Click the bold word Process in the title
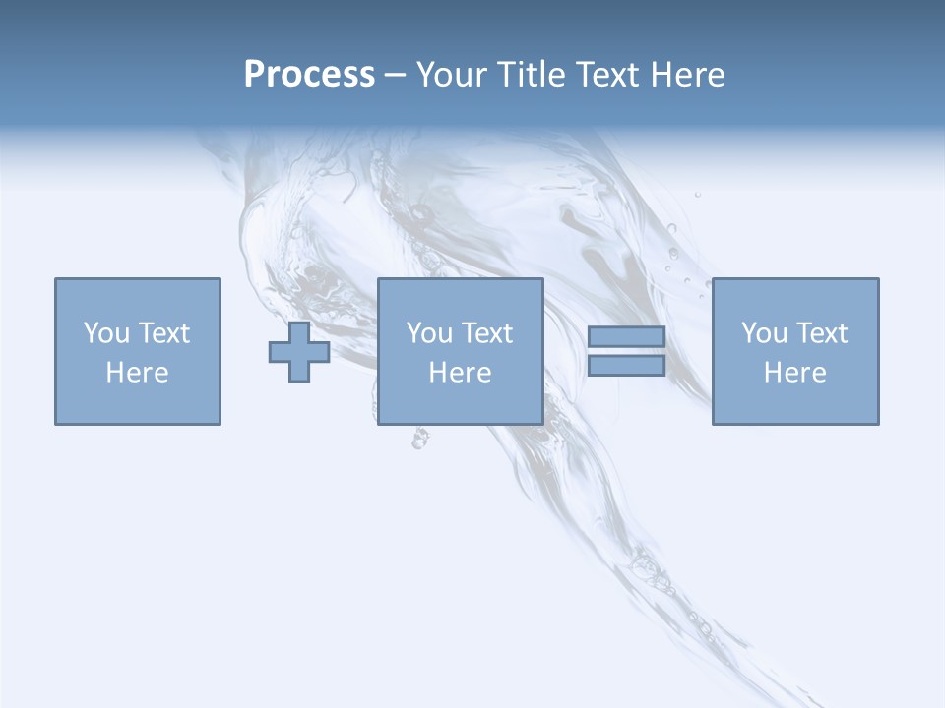click(x=309, y=75)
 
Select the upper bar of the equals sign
click(x=626, y=337)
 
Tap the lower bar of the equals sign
click(x=626, y=366)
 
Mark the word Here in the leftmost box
click(x=137, y=373)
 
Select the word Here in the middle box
click(x=460, y=373)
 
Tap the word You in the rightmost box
click(x=764, y=333)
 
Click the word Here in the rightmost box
click(x=794, y=373)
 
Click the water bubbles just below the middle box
click(x=420, y=439)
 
